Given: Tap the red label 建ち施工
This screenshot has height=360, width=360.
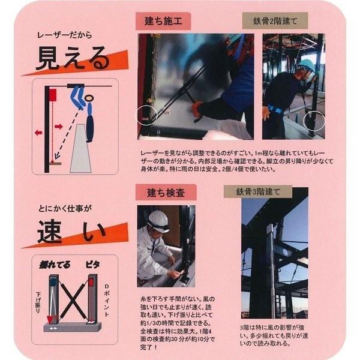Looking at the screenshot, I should [164, 23].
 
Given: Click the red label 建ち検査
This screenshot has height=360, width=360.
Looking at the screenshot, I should [163, 193].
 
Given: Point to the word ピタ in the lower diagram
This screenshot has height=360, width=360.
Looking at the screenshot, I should [94, 264].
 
